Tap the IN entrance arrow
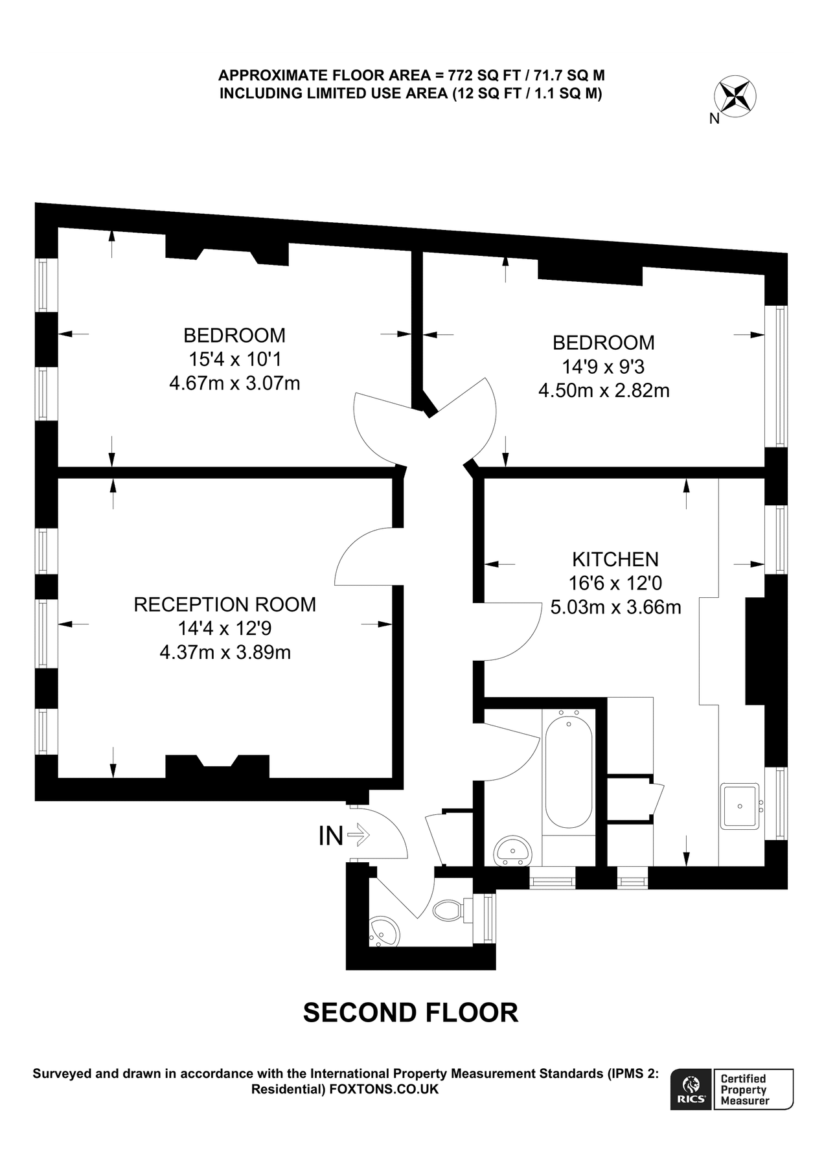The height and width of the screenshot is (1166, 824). (358, 835)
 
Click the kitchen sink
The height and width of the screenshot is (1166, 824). (740, 806)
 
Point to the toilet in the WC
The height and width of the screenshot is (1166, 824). (446, 910)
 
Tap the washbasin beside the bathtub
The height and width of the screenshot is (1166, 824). (513, 851)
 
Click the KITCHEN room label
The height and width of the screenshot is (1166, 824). (615, 559)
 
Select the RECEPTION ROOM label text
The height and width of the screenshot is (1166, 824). (225, 604)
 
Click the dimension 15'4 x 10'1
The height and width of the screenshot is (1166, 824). (235, 359)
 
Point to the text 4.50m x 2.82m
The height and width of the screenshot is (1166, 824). (604, 391)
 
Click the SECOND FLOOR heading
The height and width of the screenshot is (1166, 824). (411, 1012)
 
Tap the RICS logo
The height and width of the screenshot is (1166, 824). (691, 1089)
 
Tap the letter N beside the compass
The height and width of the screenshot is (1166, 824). (715, 119)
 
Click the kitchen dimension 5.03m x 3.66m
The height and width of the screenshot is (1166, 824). (615, 608)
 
